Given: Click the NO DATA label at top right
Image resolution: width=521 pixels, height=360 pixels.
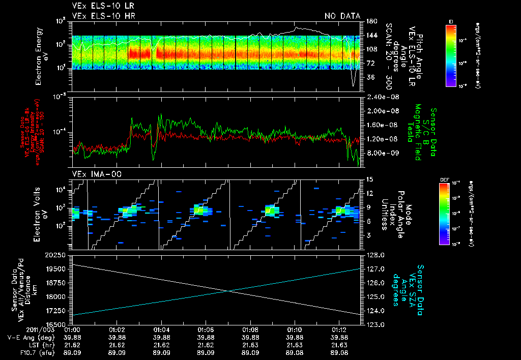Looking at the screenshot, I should click(x=342, y=16).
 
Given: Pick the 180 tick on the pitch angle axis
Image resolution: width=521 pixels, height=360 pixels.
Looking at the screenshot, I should click(x=370, y=21).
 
